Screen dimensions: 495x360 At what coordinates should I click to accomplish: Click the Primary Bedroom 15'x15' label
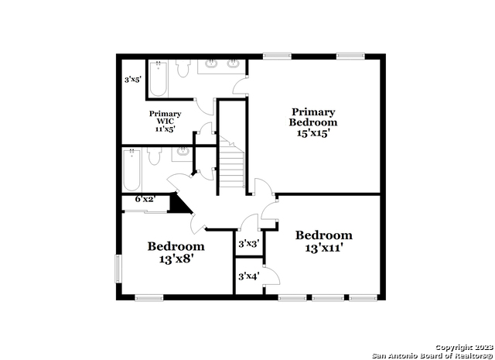pos(312,122)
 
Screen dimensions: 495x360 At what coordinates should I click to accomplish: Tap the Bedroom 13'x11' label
pos(324,242)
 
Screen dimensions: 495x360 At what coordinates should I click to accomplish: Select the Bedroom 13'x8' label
pos(176,252)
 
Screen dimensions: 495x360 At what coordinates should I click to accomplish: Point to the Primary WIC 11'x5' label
pos(165,121)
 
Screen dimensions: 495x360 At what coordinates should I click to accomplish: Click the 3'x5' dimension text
pos(132,79)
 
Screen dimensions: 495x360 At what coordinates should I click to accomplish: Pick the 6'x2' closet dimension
pos(145,199)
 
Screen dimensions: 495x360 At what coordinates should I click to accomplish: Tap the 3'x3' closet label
pos(249,243)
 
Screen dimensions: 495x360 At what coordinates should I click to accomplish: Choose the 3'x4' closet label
pos(249,276)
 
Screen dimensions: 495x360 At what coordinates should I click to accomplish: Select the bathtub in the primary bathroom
pos(158,79)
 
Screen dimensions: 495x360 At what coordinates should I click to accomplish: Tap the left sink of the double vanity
pos(211,63)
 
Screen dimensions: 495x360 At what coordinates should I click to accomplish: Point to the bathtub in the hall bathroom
pos(131,170)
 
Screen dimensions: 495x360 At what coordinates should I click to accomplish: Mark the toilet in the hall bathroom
pos(155,156)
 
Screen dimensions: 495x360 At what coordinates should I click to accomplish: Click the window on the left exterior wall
pos(118,269)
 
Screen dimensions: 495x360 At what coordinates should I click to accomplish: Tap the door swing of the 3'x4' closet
pos(272,276)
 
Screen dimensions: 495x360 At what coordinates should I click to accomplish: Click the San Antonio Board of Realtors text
pos(433,356)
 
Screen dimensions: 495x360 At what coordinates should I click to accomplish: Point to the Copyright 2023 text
pos(465,348)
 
